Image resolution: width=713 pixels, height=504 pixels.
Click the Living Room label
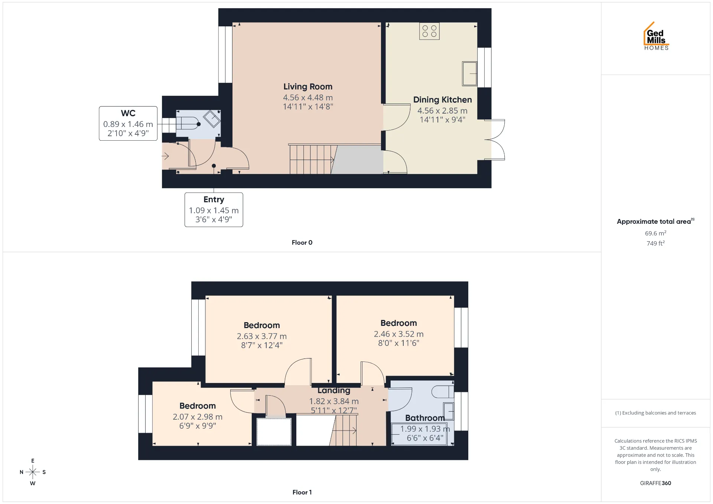pos(308,87)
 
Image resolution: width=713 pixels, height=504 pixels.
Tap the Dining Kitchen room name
pos(442,100)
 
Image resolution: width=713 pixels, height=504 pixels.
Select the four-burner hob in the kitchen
pos(429,31)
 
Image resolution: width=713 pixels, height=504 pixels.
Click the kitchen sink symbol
pos(469,73)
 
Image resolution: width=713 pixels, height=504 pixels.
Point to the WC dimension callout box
pos(128,124)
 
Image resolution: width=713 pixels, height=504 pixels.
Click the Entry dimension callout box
pos(214,210)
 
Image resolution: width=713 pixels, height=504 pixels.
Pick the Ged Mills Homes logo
pos(656,36)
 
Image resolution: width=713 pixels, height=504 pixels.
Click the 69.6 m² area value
pos(655,233)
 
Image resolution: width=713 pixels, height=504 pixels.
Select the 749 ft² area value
pos(655,243)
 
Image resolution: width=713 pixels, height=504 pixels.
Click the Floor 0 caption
pos(302,242)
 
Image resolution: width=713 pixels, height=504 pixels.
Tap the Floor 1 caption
pos(302,492)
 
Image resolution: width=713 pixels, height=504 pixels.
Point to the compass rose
pos(33,472)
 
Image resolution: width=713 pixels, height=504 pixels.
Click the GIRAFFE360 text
pos(655,483)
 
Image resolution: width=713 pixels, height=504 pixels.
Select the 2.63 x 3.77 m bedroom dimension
pos(262,336)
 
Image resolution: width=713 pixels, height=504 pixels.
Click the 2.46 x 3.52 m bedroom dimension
pos(398,334)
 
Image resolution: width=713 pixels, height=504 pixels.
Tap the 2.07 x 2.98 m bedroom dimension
pos(198,417)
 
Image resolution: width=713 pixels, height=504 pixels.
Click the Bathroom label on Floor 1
pos(425,418)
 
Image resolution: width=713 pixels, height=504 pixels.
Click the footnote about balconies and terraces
pos(655,413)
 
